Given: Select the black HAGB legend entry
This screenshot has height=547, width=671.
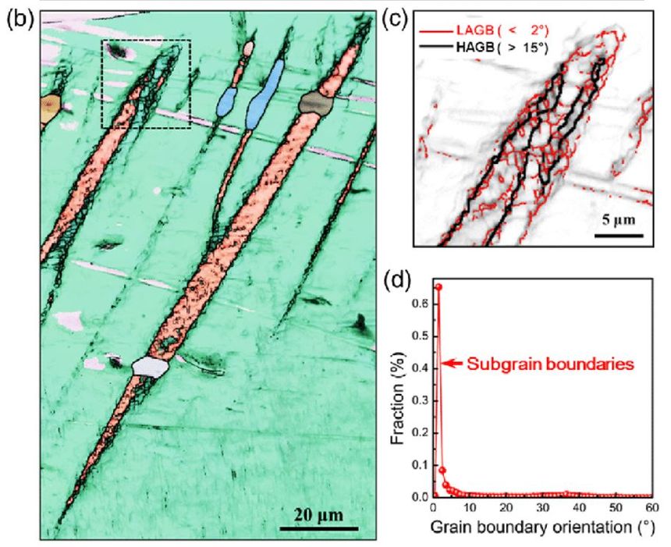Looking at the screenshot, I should (x=487, y=48).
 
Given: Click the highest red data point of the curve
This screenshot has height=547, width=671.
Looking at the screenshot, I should (x=438, y=287).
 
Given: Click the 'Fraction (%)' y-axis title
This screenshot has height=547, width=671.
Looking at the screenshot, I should (x=397, y=390).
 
